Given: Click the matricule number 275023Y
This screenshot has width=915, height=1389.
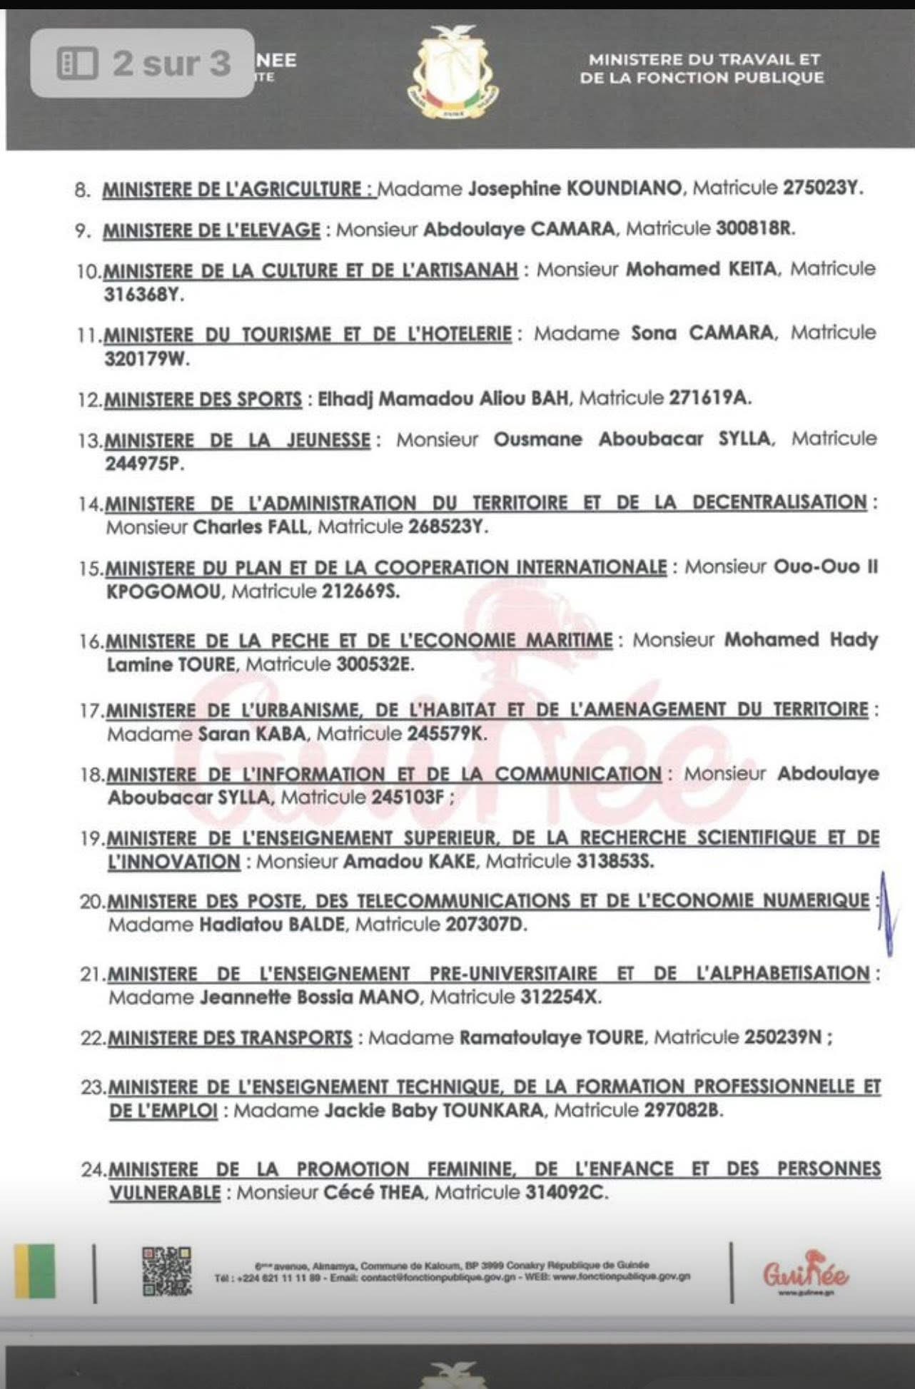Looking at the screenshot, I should [x=822, y=188].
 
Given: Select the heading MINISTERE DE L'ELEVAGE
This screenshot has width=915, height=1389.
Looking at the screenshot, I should [x=212, y=230].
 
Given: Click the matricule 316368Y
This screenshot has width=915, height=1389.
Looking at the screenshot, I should [x=144, y=295].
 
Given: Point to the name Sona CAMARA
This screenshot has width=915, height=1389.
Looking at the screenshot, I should [x=702, y=333].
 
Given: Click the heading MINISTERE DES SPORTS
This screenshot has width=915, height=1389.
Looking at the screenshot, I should [x=203, y=399].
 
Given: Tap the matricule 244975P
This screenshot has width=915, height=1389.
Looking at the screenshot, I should [x=144, y=464].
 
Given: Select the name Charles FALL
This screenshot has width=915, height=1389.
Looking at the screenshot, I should [x=251, y=527].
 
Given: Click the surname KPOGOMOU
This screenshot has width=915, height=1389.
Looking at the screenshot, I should [x=163, y=591].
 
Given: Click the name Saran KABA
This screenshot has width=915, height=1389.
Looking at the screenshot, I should [x=252, y=733].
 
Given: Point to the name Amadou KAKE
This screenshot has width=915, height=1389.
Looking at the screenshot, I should [x=409, y=861].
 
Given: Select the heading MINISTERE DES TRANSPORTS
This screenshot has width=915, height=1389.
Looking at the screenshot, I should [x=230, y=1037].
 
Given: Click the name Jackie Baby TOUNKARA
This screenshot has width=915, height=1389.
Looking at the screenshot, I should [x=434, y=1111].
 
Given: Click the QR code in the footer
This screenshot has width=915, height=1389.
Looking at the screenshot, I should [x=167, y=1271].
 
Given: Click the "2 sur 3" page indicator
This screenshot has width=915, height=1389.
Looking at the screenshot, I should [x=143, y=63].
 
